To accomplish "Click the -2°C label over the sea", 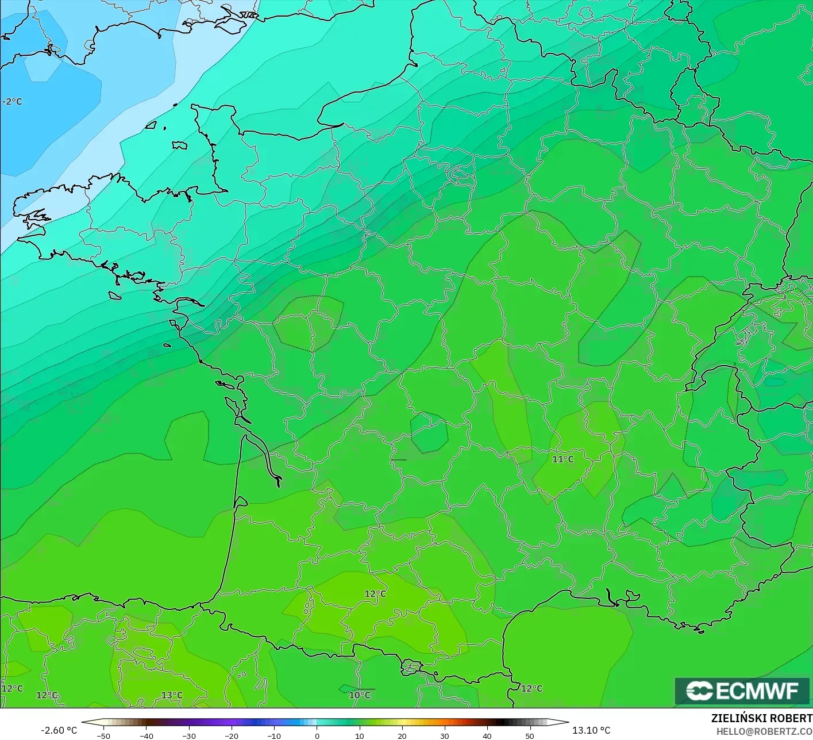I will tap(13, 102).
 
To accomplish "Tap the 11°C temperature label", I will tap(563, 459).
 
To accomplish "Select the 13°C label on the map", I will tap(172, 695).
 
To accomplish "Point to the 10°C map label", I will tap(360, 695).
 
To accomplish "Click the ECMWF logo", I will tap(742, 691).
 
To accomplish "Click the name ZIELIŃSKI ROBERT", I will tap(761, 718).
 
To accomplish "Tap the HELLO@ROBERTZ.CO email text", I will tap(764, 731).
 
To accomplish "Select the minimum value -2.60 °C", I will tap(59, 730).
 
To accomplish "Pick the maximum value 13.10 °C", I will tap(591, 730).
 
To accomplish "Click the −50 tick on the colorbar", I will tap(103, 736).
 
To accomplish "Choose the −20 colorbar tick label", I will tap(231, 736).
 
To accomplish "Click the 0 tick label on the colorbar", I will tap(317, 736).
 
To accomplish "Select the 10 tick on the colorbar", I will tap(360, 736).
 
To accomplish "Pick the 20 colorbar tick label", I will tap(402, 736).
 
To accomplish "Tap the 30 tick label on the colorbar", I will tap(445, 736).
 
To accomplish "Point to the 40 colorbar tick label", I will tap(487, 736).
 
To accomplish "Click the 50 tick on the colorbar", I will tap(530, 736).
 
